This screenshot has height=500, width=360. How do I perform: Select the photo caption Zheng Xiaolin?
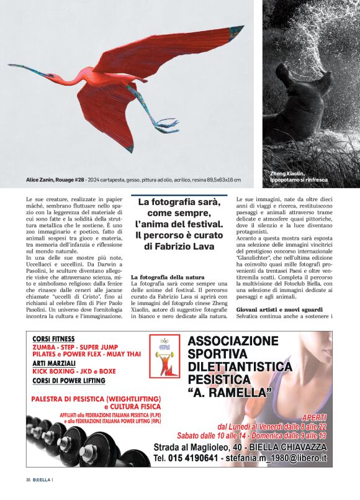287,173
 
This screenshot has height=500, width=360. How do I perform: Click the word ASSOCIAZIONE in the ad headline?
233,342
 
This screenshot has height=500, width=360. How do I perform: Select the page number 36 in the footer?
29,480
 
